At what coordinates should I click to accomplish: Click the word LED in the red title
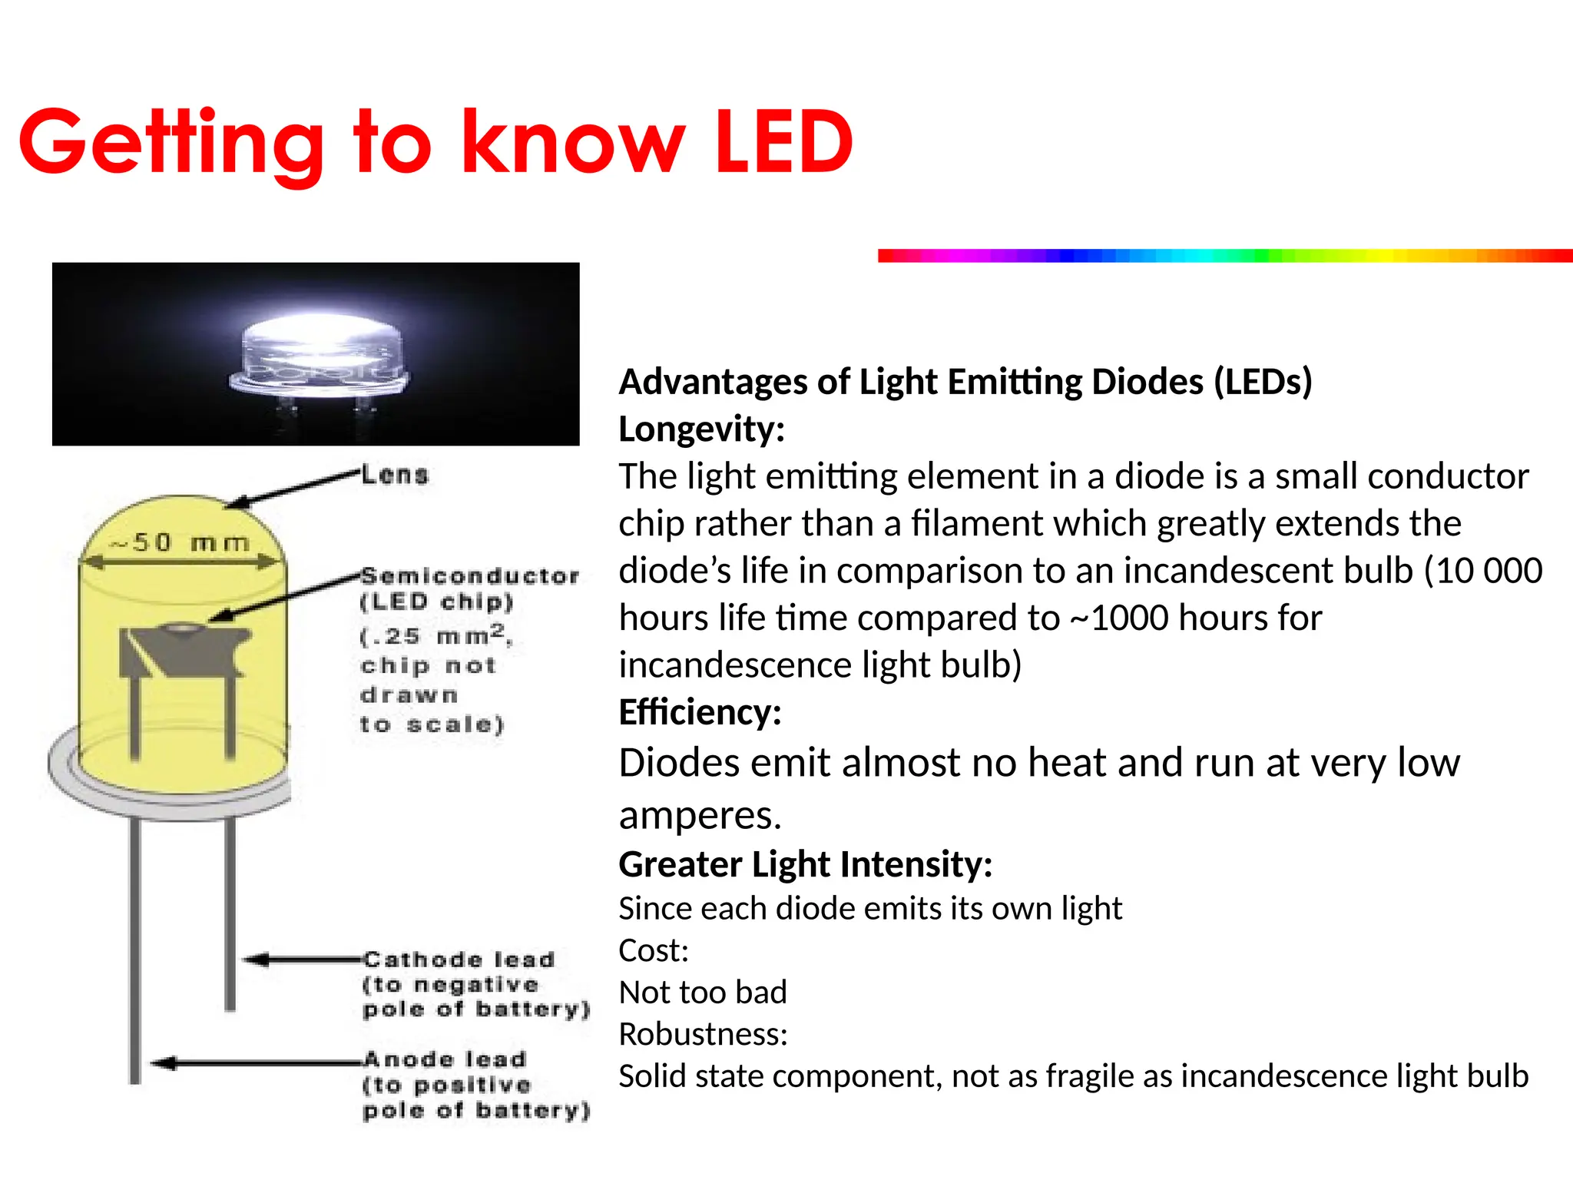(x=783, y=142)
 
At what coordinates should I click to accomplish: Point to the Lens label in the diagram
(x=395, y=475)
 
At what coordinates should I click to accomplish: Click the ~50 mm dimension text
(x=181, y=543)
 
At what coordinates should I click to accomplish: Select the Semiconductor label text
(x=469, y=576)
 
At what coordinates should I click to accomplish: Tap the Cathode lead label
(x=459, y=960)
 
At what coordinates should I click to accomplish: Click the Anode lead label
(x=445, y=1059)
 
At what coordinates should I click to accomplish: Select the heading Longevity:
(x=701, y=429)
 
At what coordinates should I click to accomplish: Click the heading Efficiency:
(x=700, y=712)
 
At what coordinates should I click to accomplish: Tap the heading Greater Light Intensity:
(x=806, y=864)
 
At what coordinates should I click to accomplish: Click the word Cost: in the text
(x=654, y=951)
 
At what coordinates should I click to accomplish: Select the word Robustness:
(x=703, y=1035)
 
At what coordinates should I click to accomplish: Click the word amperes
(x=700, y=816)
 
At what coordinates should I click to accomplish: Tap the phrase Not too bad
(x=703, y=993)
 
